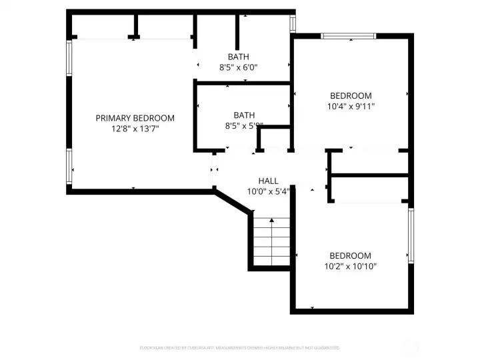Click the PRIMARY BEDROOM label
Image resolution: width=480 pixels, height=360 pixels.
[135, 118]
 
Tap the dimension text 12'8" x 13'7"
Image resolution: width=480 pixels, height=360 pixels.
[135, 129]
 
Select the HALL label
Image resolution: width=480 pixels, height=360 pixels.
[268, 181]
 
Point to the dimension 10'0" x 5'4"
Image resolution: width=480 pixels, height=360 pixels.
[268, 191]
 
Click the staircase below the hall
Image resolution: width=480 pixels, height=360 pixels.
[271, 241]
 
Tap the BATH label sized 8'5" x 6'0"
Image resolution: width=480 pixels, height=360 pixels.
[238, 57]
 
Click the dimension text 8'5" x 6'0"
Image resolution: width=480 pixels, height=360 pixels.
[238, 67]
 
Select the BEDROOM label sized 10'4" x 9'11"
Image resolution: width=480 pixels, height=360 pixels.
[351, 95]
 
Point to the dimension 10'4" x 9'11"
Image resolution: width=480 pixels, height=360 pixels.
[351, 106]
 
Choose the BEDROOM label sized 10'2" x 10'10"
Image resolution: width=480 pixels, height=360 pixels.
[351, 255]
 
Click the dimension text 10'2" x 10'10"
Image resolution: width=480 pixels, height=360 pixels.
[351, 266]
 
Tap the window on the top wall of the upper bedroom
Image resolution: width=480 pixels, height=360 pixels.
[348, 35]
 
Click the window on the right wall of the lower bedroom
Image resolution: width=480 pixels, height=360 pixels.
[411, 236]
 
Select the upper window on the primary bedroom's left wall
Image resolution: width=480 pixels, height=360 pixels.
[69, 58]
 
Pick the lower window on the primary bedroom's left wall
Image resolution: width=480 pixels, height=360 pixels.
[69, 165]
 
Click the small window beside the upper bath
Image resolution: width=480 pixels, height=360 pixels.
[292, 23]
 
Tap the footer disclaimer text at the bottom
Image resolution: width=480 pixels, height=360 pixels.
[240, 348]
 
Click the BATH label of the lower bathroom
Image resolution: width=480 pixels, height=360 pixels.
[244, 115]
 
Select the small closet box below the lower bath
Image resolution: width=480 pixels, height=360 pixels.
[273, 139]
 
